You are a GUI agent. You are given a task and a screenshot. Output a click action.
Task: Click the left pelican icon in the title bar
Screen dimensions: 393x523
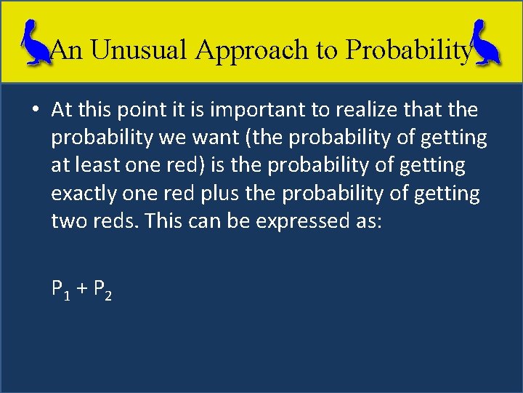pos(34,42)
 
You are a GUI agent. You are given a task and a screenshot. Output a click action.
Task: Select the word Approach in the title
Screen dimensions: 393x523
pos(254,49)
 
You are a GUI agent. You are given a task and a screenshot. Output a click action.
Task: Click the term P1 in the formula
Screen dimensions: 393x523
pos(60,290)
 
